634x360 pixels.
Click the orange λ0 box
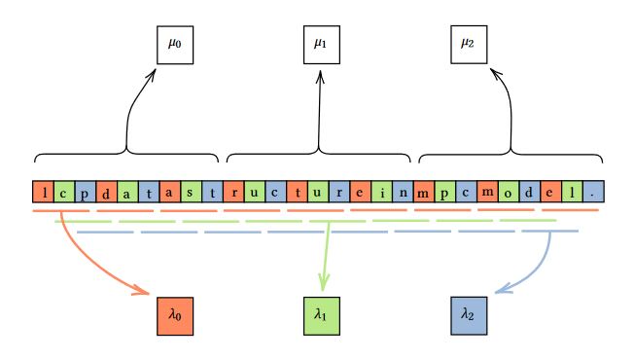point(175,315)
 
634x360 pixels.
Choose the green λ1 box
point(321,315)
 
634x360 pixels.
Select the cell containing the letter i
point(382,191)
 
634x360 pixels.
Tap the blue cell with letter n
point(404,191)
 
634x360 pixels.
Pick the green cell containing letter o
point(509,191)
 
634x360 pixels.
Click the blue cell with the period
point(593,191)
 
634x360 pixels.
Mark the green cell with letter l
point(573,191)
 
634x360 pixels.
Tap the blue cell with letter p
point(86,191)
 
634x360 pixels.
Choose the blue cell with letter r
point(339,191)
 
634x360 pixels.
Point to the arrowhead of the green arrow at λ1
point(324,290)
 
